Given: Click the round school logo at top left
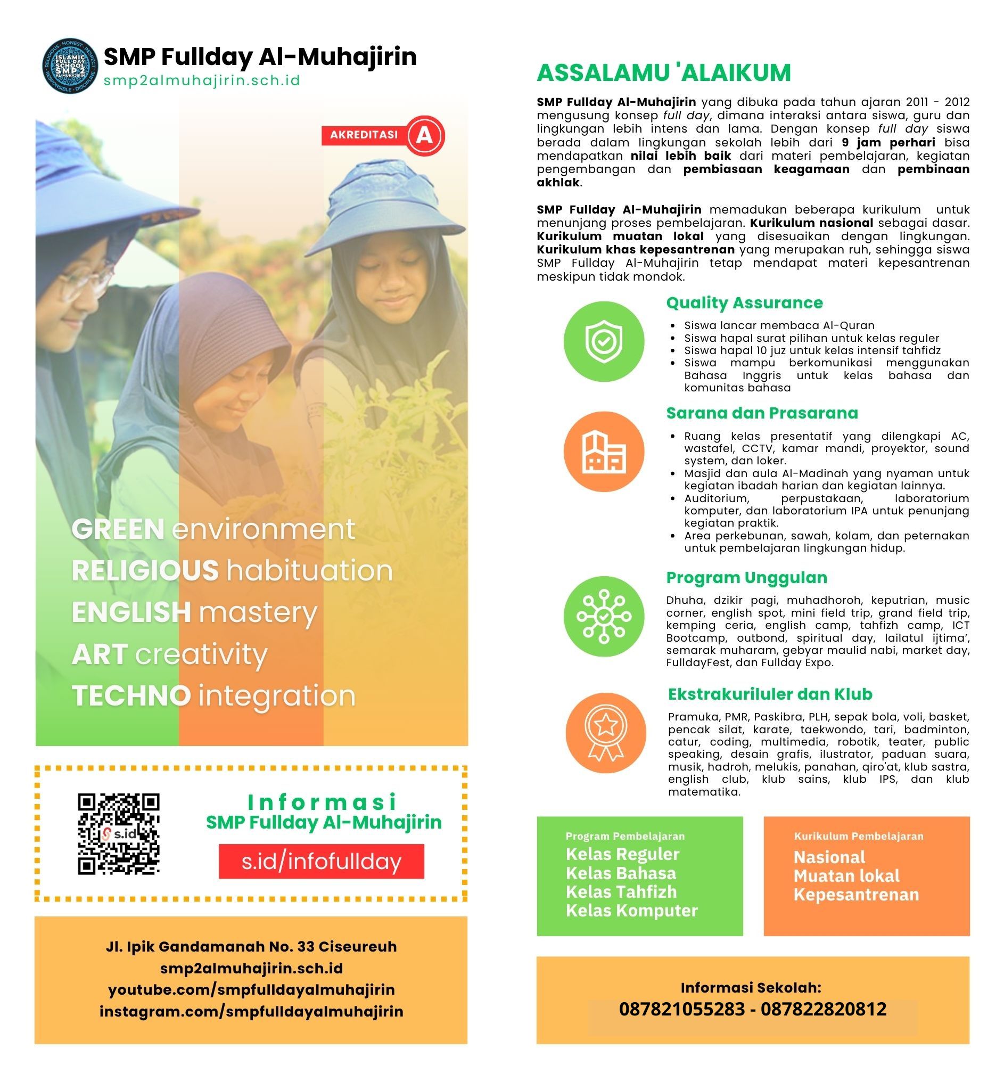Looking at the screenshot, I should [x=70, y=66].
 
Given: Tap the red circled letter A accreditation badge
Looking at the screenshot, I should [x=425, y=135].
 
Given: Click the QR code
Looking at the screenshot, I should [x=118, y=834].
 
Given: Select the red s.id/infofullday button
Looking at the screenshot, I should [x=322, y=862].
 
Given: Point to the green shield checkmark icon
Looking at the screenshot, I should [x=604, y=341].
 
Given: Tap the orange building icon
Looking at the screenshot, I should [x=604, y=452].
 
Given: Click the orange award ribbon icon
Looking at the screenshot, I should [x=606, y=733].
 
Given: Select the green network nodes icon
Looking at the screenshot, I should [x=604, y=616].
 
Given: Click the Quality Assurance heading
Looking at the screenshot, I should [x=744, y=302].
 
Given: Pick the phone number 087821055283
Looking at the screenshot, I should [x=681, y=1009].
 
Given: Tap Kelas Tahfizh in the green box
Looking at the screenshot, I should [x=621, y=892].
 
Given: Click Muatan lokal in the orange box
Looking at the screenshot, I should [x=846, y=876].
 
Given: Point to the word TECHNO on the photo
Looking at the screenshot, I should [x=131, y=695].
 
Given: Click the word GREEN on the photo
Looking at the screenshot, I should [x=118, y=529].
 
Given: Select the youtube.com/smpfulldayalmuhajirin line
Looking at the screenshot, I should [x=251, y=989].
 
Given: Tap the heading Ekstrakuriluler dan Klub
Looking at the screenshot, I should [x=770, y=694].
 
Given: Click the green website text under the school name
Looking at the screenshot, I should [x=202, y=80].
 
